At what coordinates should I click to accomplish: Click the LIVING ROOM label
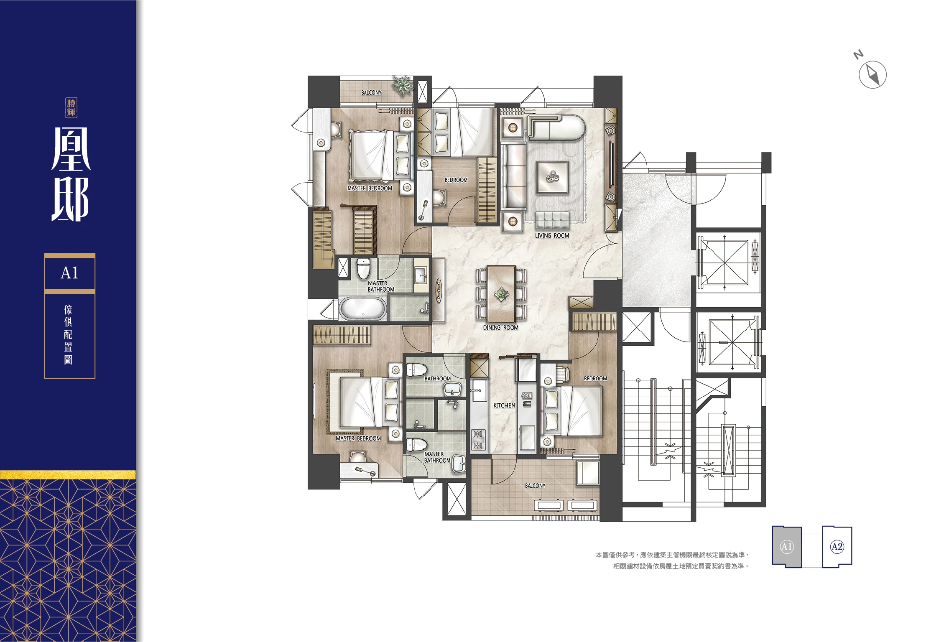click(x=552, y=236)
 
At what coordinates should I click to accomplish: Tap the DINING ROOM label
click(x=500, y=328)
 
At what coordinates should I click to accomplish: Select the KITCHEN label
click(x=504, y=405)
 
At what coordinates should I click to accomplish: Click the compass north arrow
click(x=872, y=74)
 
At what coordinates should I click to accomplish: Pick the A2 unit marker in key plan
click(x=837, y=547)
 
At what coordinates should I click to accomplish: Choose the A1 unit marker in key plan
click(x=786, y=547)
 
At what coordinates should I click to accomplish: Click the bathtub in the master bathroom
click(x=363, y=309)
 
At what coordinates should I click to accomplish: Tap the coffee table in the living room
click(x=552, y=176)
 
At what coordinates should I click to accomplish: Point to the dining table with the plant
click(x=501, y=294)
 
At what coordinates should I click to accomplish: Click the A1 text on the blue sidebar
click(x=69, y=273)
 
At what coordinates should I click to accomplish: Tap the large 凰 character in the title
click(x=71, y=149)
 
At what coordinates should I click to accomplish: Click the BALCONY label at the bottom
click(x=535, y=486)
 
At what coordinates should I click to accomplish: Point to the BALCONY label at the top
click(x=371, y=92)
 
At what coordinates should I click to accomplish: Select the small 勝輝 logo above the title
click(x=71, y=108)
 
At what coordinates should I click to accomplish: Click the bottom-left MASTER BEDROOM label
click(x=358, y=438)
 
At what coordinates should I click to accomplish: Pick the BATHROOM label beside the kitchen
click(x=437, y=379)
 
